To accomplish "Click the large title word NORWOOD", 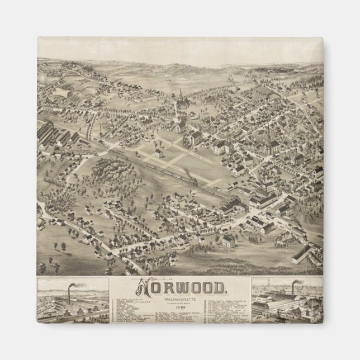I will coord(180,288).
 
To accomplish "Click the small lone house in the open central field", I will coord(160,153).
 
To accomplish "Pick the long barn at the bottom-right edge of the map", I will coord(302,254).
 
